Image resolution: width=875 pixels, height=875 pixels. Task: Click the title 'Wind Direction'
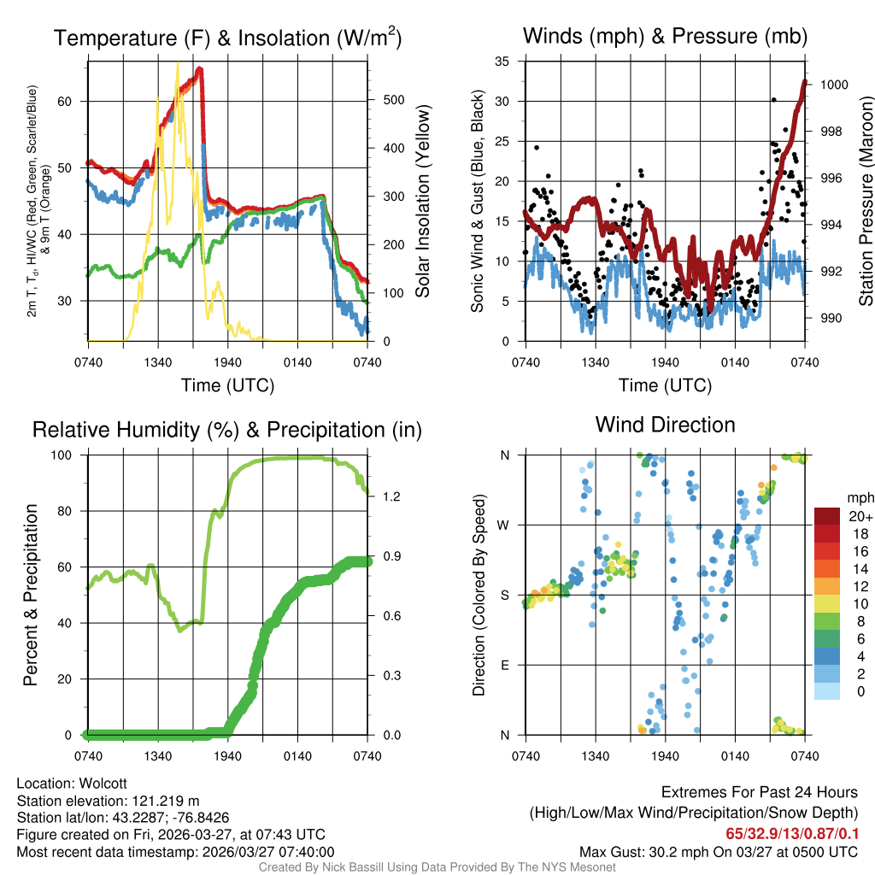point(665,425)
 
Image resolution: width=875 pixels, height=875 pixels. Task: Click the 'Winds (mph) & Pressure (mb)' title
point(665,37)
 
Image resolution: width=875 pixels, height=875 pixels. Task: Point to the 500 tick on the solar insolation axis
point(394,100)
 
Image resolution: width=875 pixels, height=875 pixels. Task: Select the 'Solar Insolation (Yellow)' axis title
point(423,202)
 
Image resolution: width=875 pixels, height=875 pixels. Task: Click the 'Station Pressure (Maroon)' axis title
point(865,202)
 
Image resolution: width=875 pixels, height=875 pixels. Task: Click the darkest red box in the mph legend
point(828,516)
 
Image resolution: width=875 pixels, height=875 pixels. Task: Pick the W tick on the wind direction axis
point(504,525)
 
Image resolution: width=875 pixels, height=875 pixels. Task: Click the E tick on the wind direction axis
point(505,665)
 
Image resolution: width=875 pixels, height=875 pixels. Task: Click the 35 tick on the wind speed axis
point(502,62)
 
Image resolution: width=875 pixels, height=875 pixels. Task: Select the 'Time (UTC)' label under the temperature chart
point(227,385)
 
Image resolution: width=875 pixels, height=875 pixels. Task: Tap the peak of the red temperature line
point(199,68)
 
